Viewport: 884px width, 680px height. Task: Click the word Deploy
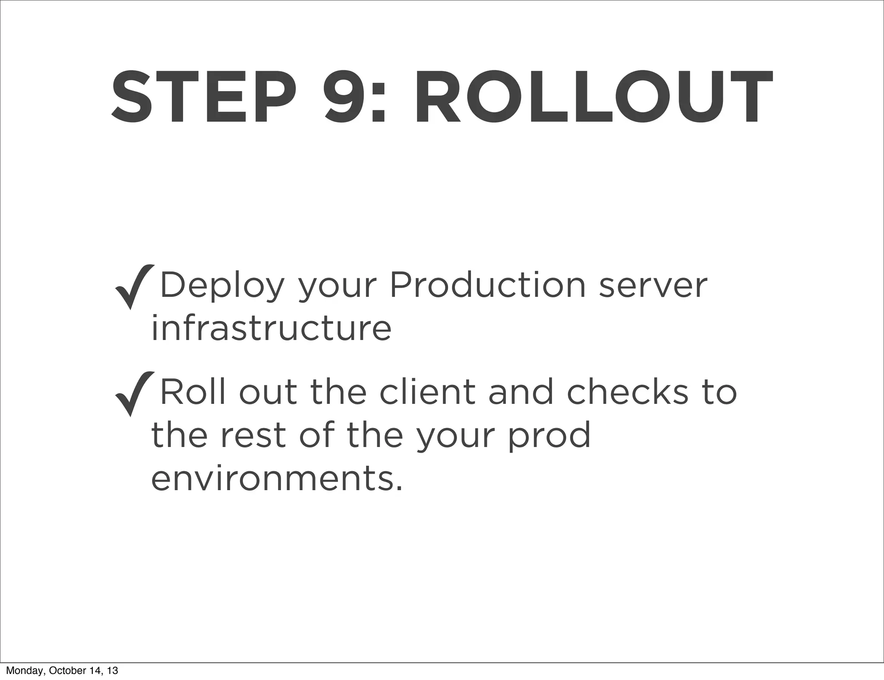(222, 286)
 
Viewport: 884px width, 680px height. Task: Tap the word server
(653, 286)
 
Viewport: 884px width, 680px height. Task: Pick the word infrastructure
(271, 328)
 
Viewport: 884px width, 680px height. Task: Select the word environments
(277, 479)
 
